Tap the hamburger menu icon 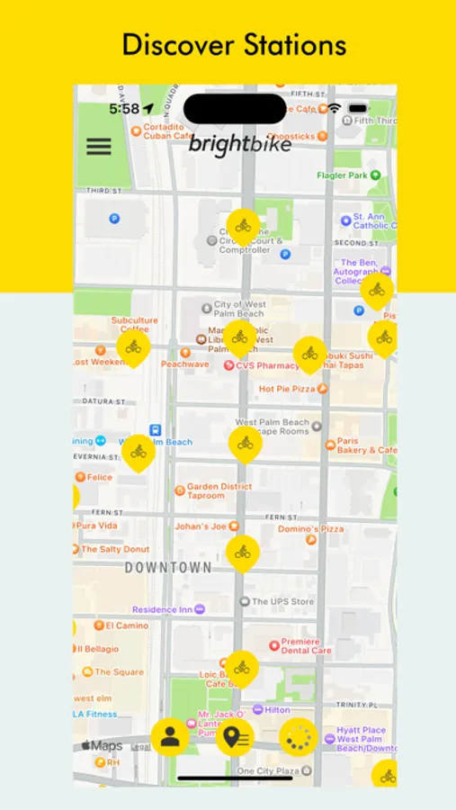click(x=99, y=147)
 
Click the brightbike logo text click(x=239, y=144)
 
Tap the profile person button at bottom click(x=169, y=737)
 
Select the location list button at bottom click(x=235, y=737)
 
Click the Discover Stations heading click(x=234, y=44)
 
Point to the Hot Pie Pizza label click(x=286, y=389)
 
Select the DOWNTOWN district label click(x=168, y=568)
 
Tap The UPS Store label click(x=282, y=601)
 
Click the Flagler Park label click(x=344, y=175)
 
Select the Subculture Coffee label click(x=134, y=324)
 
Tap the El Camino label click(x=126, y=625)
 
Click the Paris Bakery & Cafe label click(x=365, y=445)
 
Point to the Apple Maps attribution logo click(x=102, y=746)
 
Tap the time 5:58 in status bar click(x=124, y=109)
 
